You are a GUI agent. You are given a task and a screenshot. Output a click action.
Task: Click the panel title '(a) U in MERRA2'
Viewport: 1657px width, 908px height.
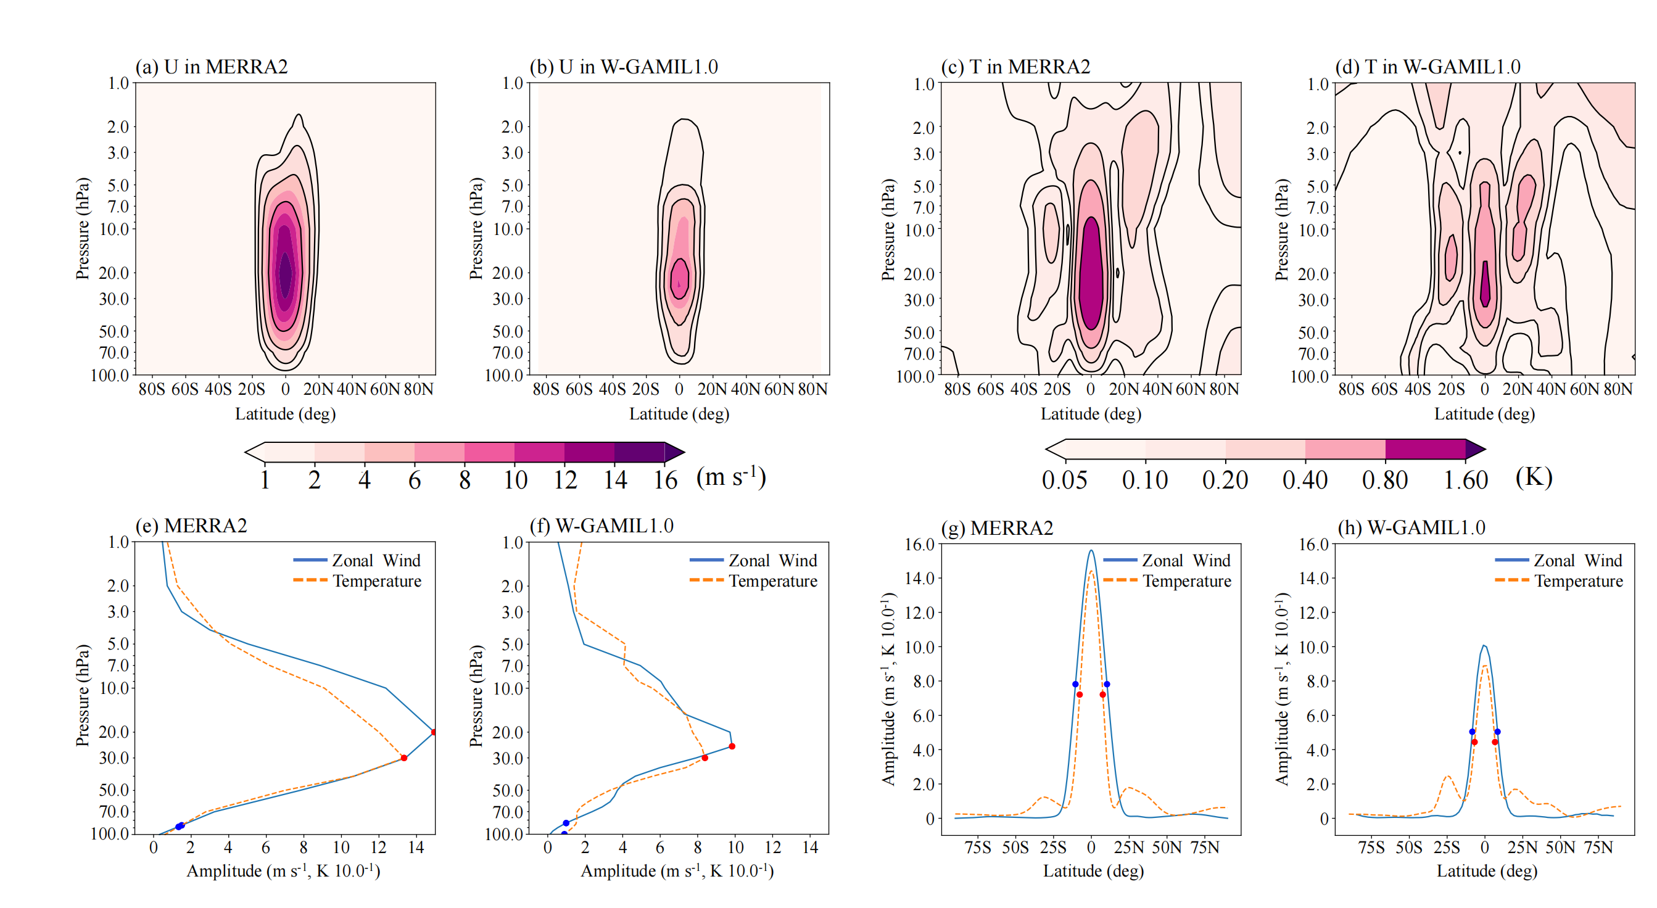tap(211, 67)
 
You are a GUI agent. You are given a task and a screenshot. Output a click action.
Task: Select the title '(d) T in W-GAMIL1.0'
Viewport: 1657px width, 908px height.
tap(1428, 67)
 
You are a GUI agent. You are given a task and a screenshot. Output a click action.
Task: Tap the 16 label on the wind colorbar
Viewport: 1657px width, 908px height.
tap(665, 481)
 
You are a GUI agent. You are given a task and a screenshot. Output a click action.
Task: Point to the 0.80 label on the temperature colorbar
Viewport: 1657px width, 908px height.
tap(1385, 481)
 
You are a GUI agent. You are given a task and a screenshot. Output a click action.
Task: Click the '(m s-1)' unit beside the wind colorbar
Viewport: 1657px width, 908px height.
tap(731, 477)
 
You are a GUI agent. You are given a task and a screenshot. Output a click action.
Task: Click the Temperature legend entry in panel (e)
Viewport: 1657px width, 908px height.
tap(376, 581)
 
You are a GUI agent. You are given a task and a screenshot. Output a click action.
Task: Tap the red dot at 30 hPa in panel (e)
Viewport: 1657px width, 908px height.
tap(404, 758)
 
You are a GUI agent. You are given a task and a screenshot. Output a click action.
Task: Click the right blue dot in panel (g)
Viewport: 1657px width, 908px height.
tap(1106, 684)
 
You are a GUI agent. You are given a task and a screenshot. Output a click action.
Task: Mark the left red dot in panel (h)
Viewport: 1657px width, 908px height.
tap(1474, 742)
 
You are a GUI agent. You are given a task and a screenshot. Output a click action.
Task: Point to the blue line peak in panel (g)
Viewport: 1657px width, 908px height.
tap(1091, 550)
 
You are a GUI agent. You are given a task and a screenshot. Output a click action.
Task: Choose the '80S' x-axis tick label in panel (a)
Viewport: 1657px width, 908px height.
tap(152, 389)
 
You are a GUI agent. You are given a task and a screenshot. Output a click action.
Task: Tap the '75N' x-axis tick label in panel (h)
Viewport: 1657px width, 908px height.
tap(1598, 848)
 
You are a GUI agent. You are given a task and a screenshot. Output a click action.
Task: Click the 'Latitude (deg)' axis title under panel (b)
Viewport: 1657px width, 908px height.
tap(679, 414)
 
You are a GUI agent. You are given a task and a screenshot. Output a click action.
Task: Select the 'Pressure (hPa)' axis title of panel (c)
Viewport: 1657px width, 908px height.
tap(888, 229)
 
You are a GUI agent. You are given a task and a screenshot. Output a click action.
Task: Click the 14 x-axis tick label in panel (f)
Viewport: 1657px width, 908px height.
tap(810, 848)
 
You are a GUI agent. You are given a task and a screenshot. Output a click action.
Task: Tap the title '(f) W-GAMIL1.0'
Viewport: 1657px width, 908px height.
tap(601, 526)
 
